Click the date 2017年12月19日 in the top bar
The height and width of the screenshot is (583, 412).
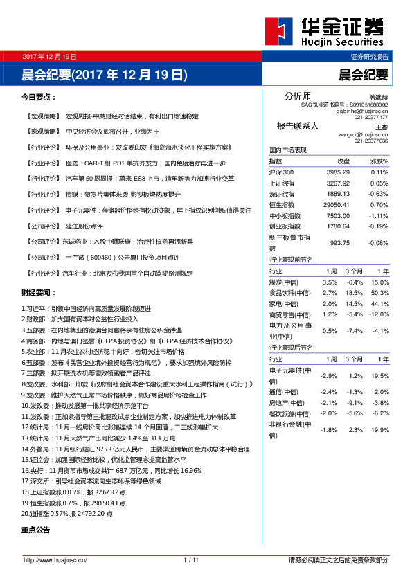click(x=49, y=56)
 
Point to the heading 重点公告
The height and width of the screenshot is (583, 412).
click(x=36, y=530)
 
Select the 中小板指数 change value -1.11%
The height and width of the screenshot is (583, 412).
click(x=379, y=215)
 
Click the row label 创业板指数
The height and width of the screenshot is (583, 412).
click(x=285, y=226)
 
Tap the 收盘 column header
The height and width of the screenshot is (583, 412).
click(x=334, y=161)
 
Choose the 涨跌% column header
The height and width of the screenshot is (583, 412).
click(x=379, y=161)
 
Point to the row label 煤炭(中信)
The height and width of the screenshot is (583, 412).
click(x=284, y=282)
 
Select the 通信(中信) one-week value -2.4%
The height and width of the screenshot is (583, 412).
click(x=329, y=391)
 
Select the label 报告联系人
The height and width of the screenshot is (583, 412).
click(x=297, y=126)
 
